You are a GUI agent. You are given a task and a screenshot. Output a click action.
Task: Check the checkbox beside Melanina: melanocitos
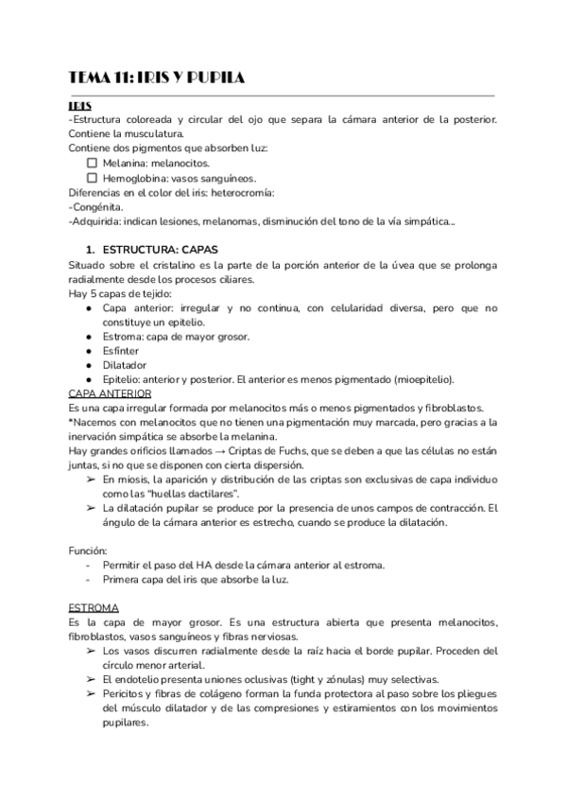tap(93, 163)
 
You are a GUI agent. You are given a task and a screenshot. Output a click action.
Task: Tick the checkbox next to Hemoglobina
tap(93, 177)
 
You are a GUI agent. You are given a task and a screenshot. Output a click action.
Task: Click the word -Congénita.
tap(94, 206)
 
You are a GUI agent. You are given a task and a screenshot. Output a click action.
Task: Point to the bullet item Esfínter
tap(121, 350)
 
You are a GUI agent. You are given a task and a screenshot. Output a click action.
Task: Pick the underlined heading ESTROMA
tap(93, 608)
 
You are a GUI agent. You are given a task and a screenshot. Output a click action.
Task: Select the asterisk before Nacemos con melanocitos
tap(72, 422)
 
